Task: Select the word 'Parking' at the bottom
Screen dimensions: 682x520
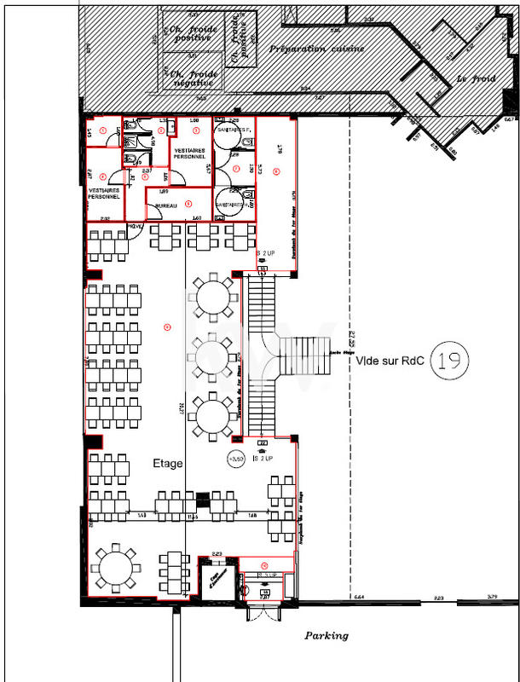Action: (x=326, y=636)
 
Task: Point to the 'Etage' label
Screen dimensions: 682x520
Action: (x=167, y=465)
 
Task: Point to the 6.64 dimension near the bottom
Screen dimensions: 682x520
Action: (x=359, y=598)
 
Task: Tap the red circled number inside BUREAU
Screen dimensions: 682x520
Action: (x=188, y=202)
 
